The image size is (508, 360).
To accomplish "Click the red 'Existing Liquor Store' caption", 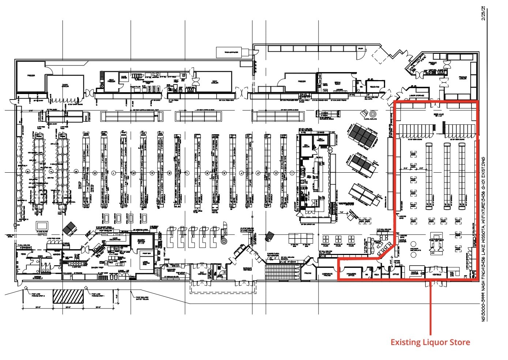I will [x=430, y=342].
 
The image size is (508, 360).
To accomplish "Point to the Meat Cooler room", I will [x=214, y=82].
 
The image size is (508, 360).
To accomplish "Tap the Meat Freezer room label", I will [x=111, y=81].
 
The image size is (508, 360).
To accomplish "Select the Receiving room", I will [x=375, y=87].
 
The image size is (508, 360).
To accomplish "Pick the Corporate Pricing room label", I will [x=327, y=274].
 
